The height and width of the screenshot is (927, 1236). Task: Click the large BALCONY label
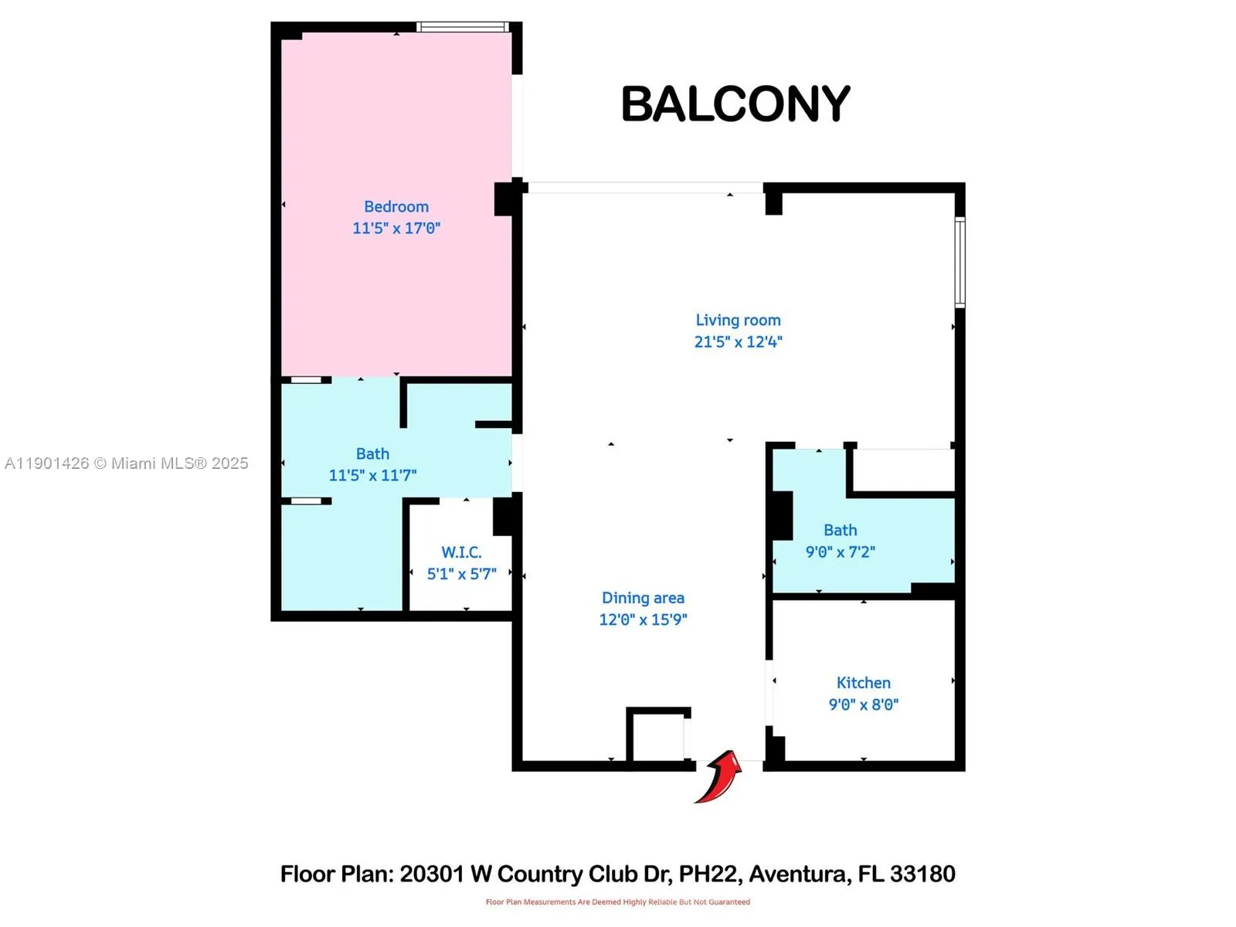735,104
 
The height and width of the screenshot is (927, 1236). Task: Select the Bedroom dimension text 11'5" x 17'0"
396,229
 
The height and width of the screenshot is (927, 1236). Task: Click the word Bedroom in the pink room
396,207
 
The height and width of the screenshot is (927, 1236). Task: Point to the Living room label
738,321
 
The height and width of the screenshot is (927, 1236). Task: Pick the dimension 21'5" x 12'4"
738,342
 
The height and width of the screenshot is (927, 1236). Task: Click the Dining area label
643,598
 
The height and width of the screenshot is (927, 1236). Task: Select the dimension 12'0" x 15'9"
643,620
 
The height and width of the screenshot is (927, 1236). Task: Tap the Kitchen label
864,683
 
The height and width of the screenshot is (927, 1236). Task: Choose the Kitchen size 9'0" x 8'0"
864,705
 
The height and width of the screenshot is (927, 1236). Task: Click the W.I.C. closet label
461,552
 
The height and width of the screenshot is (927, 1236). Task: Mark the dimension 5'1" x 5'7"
461,574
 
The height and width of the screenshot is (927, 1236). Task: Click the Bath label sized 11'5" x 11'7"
372,454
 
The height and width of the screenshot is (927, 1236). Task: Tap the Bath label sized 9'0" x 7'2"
840,531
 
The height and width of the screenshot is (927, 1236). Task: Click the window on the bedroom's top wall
462,27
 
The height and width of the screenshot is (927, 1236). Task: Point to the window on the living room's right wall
959,263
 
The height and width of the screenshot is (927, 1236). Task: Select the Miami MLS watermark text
127,463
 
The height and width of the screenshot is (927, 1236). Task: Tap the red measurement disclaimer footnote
617,902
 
